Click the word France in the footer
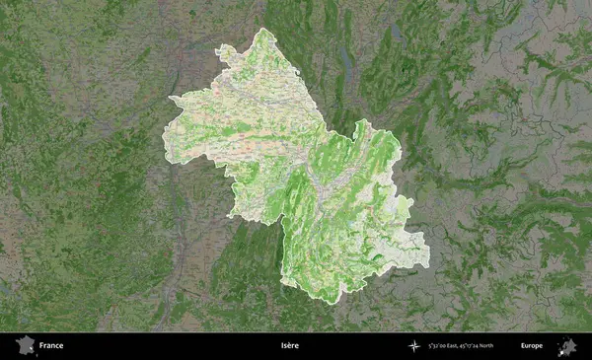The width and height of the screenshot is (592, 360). point(51,346)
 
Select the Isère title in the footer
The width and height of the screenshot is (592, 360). point(288,346)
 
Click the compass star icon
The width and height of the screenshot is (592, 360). point(412,346)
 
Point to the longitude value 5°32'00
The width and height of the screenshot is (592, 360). point(440,346)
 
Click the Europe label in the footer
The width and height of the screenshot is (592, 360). point(532,346)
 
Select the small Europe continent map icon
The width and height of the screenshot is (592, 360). point(567,345)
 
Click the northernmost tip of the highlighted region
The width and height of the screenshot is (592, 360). point(262,29)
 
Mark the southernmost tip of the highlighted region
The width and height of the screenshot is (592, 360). point(338,303)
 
